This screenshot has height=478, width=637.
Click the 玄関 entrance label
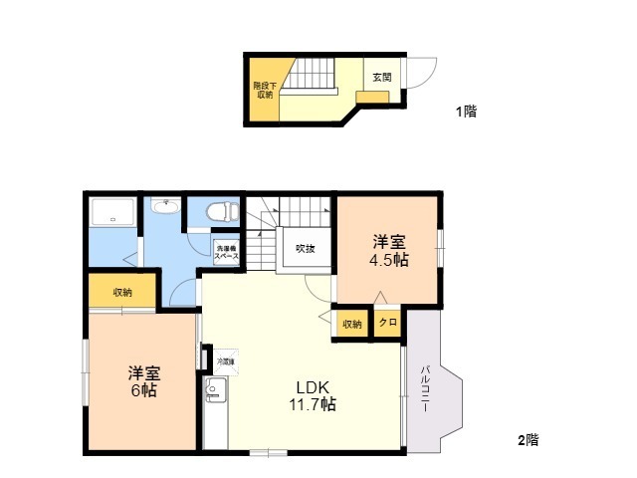382,76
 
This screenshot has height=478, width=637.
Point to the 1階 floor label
466,112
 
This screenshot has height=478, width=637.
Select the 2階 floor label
528,439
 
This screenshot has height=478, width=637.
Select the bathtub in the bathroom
112,213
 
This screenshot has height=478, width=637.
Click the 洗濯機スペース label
226,252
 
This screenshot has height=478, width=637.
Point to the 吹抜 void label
305,249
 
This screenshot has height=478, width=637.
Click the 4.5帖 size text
389,260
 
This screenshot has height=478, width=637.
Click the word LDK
311,386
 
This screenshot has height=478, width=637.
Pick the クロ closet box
387,323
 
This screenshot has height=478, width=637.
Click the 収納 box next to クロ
352,324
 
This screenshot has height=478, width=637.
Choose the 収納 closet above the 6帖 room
121,292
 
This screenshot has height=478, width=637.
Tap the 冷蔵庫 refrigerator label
221,361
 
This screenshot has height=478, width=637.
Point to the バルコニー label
425,386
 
